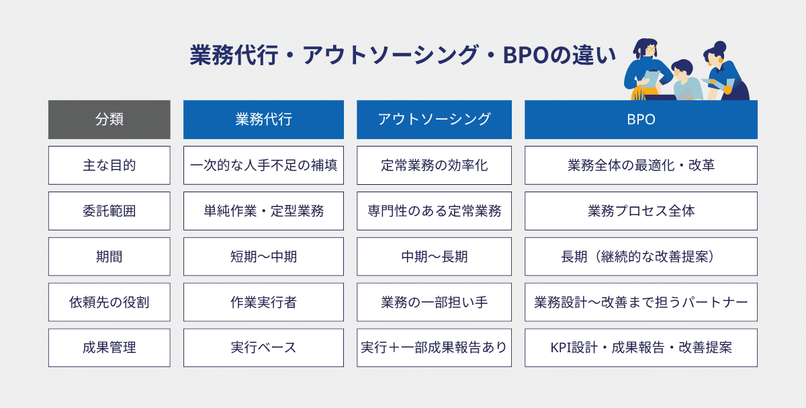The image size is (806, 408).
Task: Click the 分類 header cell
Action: pos(109,120)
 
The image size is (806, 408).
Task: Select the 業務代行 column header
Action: pos(263,120)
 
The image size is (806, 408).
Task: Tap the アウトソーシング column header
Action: pos(434,120)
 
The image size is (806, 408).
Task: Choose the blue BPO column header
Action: pos(641,120)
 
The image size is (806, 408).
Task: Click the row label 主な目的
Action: pos(109,165)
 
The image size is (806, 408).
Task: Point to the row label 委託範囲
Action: pos(109,211)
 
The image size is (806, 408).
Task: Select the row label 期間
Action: pos(109,257)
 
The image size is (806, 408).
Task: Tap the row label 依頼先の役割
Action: pos(109,302)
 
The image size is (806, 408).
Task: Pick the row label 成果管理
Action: pos(109,348)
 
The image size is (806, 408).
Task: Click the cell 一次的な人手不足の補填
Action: pos(263,165)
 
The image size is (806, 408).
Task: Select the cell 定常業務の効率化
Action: pos(434,165)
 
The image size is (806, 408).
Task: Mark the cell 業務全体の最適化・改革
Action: pos(641,165)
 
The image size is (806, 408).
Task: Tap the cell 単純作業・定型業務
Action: pos(263,211)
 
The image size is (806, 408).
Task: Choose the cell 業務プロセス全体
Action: pos(641,211)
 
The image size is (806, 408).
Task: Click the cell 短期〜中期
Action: pos(263,257)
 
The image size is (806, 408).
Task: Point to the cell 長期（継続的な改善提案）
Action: pos(641,257)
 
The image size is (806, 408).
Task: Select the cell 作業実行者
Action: pos(263,302)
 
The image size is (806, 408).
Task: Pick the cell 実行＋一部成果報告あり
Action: pos(434,348)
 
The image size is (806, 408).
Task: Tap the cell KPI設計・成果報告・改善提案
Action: pos(641,348)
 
